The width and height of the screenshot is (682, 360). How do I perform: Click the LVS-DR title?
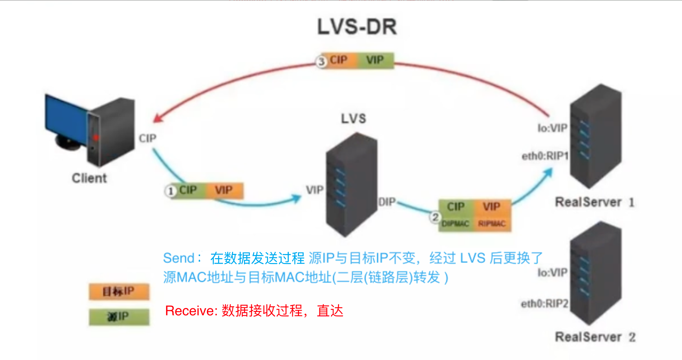[x=357, y=27]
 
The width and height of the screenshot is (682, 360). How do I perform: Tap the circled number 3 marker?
[x=321, y=61]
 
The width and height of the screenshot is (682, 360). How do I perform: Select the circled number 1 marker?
[x=170, y=191]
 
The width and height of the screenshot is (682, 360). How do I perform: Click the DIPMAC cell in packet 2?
[x=455, y=224]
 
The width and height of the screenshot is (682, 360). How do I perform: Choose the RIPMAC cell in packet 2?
[x=492, y=224]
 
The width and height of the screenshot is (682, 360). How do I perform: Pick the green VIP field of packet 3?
[x=375, y=60]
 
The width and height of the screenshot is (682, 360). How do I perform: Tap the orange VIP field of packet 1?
[x=224, y=190]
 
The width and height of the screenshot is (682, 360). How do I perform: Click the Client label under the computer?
[x=89, y=178]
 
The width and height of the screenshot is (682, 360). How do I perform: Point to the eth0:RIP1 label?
[x=545, y=156]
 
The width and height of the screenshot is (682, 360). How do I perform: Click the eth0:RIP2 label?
[x=545, y=304]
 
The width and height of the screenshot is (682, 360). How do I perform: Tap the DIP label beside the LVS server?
[x=387, y=202]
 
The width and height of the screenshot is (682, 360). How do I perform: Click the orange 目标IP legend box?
[x=119, y=291]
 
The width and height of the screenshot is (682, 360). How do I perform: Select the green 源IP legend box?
[x=119, y=317]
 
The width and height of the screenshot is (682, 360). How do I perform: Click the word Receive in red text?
[x=191, y=311]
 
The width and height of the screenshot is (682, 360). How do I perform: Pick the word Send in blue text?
[x=178, y=258]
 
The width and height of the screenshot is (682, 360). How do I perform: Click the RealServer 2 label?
[x=595, y=337]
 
